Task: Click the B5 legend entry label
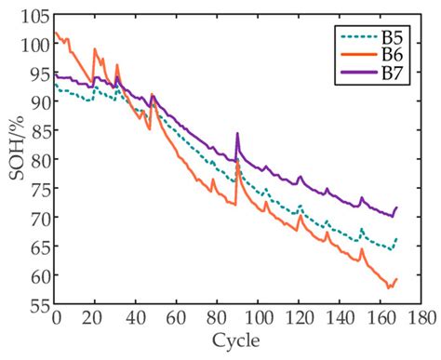[x=395, y=39]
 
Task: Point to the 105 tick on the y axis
[x=35, y=18]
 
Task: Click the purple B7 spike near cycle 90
[x=237, y=134]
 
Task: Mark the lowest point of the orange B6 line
[x=389, y=288]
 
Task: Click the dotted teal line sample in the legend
[x=358, y=38]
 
